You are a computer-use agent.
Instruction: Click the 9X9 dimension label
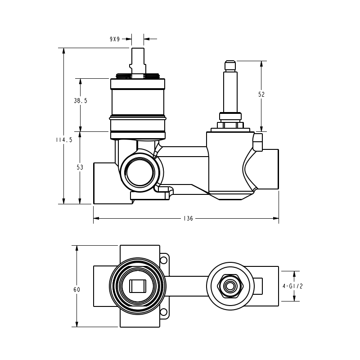[115, 39]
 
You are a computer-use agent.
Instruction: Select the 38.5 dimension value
[81, 101]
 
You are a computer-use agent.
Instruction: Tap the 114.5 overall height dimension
[64, 140]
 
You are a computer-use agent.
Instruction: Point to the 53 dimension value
[80, 167]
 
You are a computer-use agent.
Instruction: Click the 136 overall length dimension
[188, 219]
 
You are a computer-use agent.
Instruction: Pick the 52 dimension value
[261, 94]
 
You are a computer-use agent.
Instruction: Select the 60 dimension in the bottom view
[77, 289]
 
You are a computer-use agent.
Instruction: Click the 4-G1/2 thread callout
[292, 286]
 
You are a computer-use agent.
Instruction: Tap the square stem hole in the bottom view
[137, 286]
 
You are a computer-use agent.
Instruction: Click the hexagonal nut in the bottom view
[230, 286]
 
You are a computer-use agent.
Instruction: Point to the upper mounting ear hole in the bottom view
[164, 261]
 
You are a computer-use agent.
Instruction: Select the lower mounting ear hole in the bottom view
[164, 312]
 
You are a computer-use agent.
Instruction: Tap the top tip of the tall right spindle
[230, 62]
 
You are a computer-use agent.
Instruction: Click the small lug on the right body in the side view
[257, 142]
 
